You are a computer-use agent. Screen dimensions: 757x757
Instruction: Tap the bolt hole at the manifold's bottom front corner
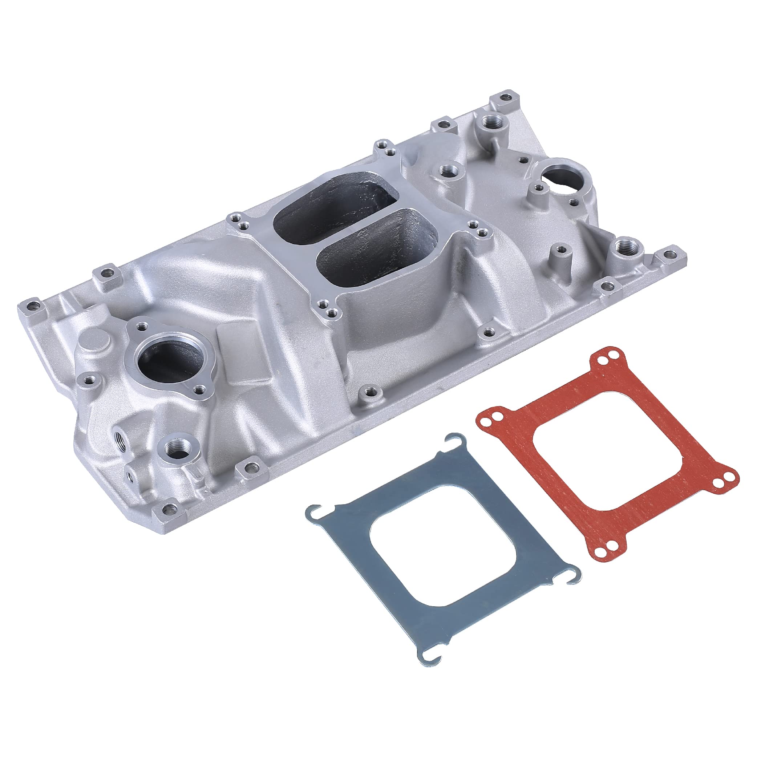168,510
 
